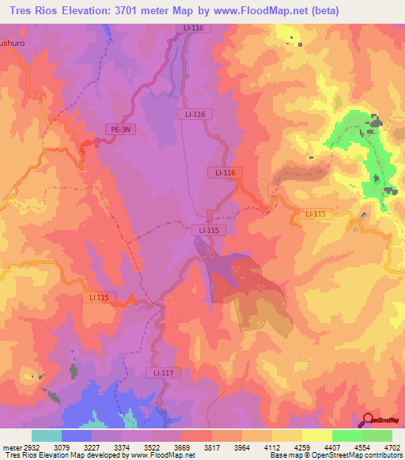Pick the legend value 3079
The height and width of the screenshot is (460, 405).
pos(62,447)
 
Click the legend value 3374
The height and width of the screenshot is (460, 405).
pos(123,447)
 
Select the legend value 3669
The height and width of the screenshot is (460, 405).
pos(183,447)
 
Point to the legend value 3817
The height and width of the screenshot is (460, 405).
pos(212,447)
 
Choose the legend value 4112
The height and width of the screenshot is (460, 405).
pos(272,447)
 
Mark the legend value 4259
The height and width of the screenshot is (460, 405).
pos(302,447)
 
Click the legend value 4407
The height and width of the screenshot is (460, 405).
pos(332,447)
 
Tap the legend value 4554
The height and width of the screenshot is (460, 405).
pos(361,447)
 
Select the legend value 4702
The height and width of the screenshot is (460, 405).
pos(391,447)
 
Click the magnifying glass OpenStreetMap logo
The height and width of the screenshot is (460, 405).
pos(367,420)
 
